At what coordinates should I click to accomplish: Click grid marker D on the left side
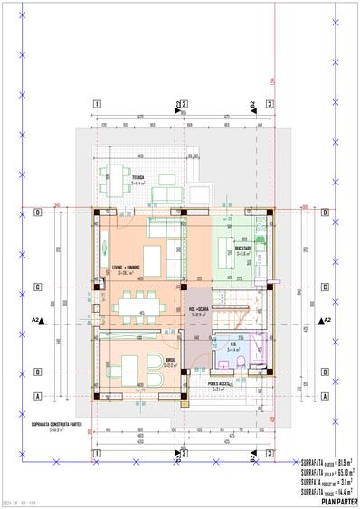coord(37,213)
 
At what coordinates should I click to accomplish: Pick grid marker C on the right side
coord(324,288)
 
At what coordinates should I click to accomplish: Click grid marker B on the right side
coord(324,372)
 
